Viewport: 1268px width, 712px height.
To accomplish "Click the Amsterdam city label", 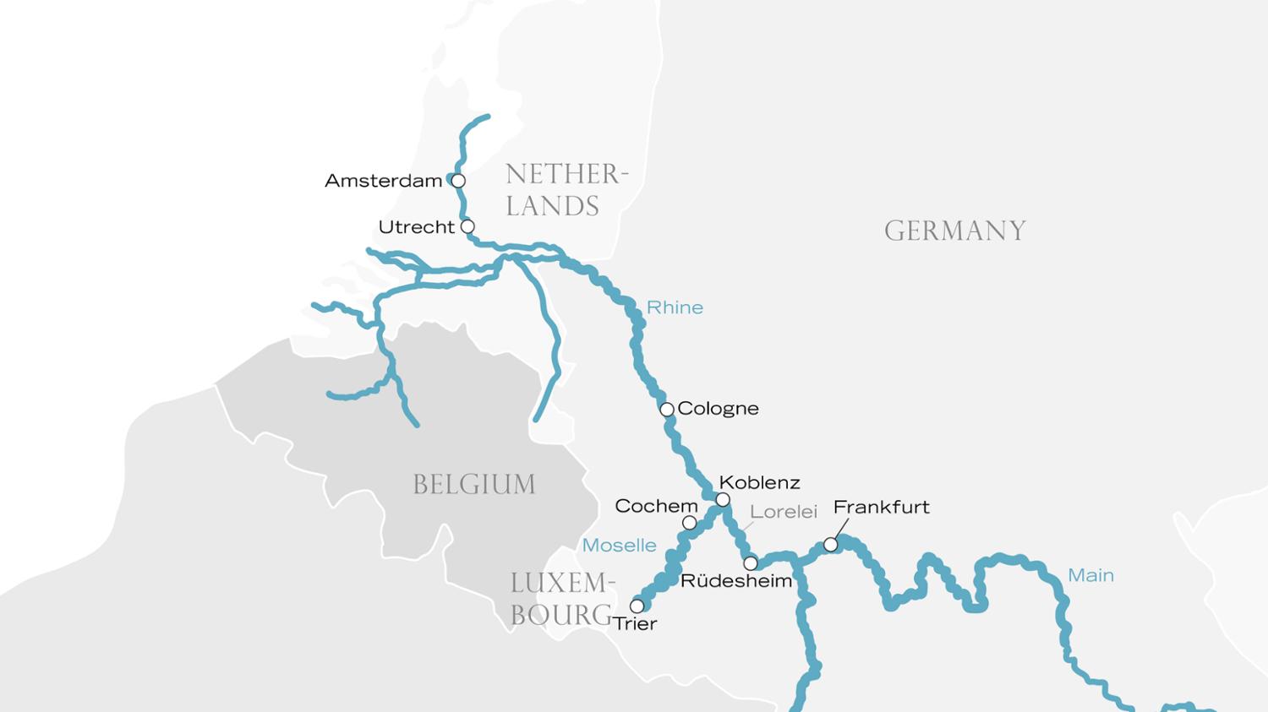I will click(383, 181).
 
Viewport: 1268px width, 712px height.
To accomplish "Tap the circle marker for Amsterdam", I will click(458, 181).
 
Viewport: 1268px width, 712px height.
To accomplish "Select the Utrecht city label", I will click(416, 227).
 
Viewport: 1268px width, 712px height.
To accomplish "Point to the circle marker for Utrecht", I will click(467, 226).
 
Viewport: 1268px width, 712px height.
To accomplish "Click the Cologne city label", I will click(718, 409).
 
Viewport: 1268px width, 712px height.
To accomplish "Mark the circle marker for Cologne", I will click(667, 410).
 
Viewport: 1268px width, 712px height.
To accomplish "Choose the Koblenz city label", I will click(759, 483).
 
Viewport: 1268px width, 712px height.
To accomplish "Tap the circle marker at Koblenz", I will click(723, 500).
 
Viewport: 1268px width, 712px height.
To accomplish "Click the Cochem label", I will click(656, 506).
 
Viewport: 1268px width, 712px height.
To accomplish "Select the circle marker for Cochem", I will click(690, 523).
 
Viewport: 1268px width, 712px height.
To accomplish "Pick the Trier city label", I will click(635, 624).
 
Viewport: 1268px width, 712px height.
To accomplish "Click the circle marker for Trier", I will click(637, 606).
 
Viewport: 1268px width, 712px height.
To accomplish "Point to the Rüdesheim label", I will click(736, 581).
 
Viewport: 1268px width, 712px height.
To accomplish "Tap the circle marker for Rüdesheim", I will click(751, 563).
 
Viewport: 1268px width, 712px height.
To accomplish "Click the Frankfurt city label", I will click(881, 507).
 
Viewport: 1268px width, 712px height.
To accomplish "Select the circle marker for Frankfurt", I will click(831, 546).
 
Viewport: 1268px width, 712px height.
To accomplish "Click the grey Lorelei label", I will click(784, 512).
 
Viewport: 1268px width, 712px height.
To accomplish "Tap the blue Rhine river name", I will click(675, 307).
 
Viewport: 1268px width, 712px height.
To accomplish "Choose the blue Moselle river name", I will click(619, 546).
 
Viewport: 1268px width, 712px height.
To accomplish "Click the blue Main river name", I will click(1090, 575).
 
